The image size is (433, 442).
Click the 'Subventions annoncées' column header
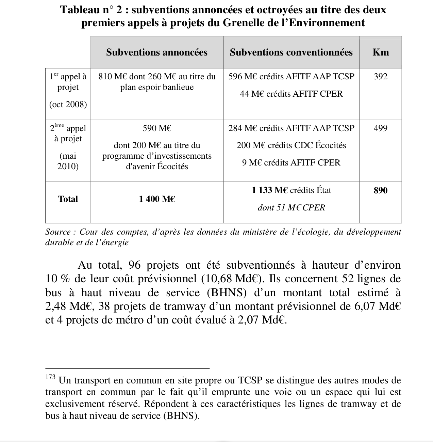click(x=156, y=52)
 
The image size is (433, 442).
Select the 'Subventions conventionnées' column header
click(x=291, y=52)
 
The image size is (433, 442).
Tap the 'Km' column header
click(x=381, y=52)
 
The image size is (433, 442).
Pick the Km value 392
click(x=381, y=77)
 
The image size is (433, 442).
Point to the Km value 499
click(x=381, y=128)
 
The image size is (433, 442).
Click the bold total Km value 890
click(x=381, y=190)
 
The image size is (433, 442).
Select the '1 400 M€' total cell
click(x=157, y=199)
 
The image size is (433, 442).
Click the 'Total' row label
click(x=68, y=199)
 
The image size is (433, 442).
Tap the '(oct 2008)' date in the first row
click(x=68, y=105)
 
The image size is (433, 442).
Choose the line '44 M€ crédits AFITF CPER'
click(x=291, y=94)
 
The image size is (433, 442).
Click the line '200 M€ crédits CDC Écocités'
click(x=291, y=145)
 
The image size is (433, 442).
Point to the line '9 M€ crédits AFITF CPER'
click(x=291, y=163)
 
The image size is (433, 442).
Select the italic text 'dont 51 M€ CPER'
click(x=291, y=208)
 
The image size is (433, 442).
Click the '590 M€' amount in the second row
click(x=157, y=128)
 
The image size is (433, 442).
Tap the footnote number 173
click(x=50, y=377)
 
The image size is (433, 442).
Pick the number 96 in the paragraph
click(x=135, y=265)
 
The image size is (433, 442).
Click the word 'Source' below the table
click(x=58, y=232)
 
